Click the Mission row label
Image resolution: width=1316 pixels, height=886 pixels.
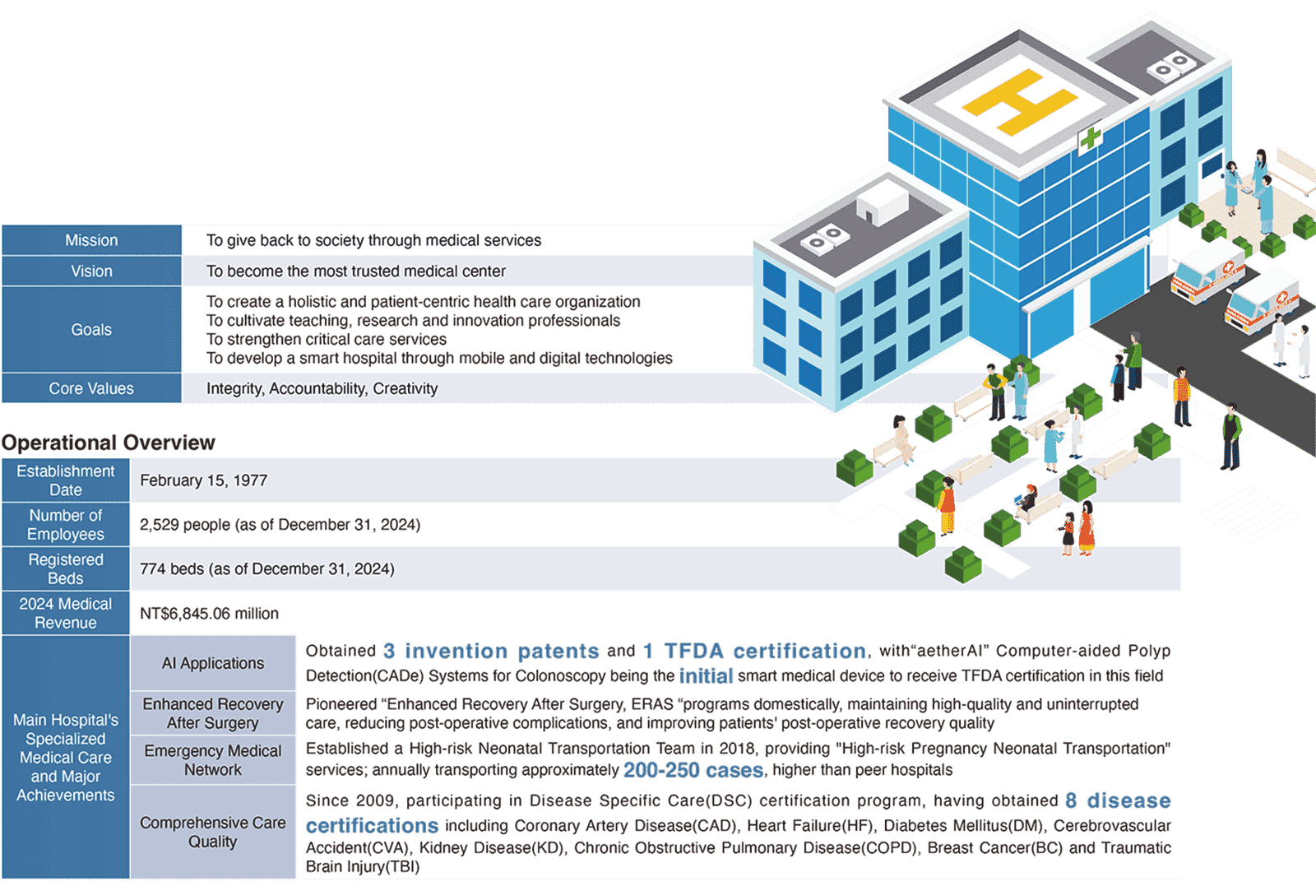point(91,240)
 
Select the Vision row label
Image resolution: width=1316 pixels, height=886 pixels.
point(91,271)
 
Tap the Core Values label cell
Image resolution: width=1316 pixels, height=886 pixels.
point(91,388)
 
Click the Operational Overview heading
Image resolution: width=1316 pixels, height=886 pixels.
point(108,443)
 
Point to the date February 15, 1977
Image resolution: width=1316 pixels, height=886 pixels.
point(203,480)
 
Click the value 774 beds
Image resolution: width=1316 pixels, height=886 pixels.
point(266,568)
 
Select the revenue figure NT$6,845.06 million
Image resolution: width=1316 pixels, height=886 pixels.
point(209,614)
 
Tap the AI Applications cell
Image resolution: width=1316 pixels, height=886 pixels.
point(213,663)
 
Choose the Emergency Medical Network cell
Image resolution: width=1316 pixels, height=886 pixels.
point(213,760)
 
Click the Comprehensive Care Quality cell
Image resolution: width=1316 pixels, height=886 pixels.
point(213,832)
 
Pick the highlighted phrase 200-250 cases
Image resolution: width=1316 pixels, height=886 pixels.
point(693,771)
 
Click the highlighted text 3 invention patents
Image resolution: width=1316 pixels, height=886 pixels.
point(491,652)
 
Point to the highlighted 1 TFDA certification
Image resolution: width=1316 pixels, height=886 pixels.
point(754,652)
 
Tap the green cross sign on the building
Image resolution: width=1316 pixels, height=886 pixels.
point(1091,139)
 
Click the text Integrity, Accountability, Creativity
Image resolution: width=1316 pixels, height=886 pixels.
point(322,388)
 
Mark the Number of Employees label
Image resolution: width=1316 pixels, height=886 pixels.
point(66,525)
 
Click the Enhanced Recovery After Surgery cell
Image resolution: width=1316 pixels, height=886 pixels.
point(213,713)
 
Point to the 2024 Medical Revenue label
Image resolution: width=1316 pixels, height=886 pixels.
point(66,614)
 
